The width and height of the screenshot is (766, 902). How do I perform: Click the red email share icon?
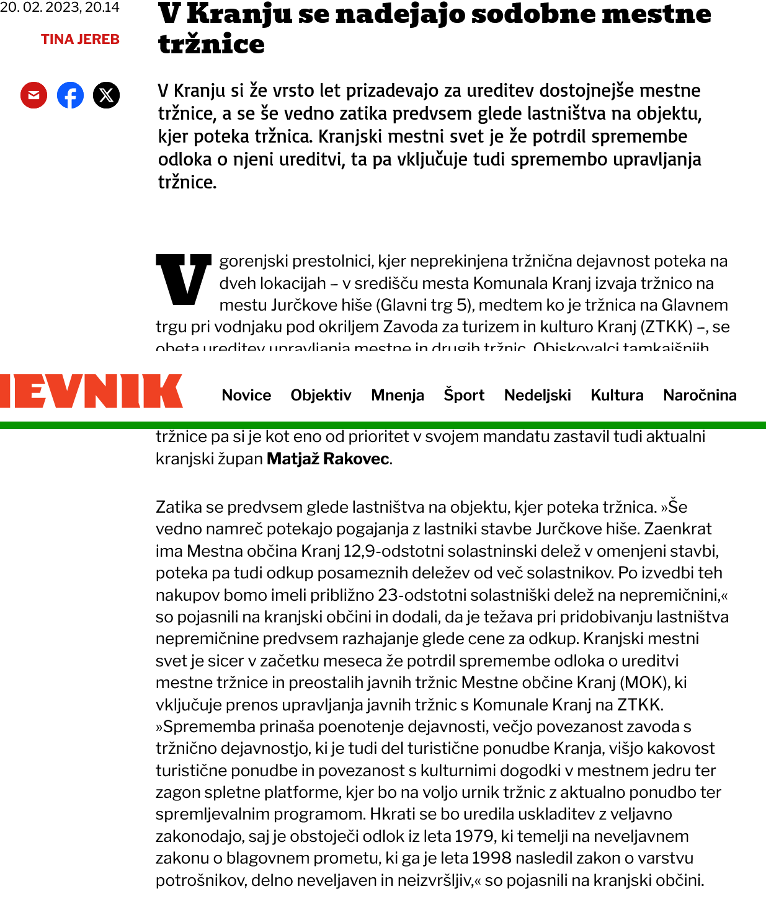34,95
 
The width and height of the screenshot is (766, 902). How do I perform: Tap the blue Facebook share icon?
70,95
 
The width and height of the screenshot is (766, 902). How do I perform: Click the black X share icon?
106,95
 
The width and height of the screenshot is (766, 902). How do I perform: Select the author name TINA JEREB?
80,39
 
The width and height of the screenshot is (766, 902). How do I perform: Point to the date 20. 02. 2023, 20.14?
60,7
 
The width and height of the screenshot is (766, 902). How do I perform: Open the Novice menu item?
246,395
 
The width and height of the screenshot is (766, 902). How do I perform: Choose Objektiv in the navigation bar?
321,395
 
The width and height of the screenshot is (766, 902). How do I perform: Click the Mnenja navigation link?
398,395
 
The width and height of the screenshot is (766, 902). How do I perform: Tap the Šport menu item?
464,395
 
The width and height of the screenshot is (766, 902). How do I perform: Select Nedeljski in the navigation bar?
537,395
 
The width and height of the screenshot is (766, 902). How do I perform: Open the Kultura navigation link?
617,395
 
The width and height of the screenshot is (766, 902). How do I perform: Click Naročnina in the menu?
700,395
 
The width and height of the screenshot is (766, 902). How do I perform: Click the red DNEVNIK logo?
91,391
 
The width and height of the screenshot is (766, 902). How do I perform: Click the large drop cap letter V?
183,280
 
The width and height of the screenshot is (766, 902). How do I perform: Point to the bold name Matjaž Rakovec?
328,459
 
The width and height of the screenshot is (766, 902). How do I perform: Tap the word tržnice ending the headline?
212,44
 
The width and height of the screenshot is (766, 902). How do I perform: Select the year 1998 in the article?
492,858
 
